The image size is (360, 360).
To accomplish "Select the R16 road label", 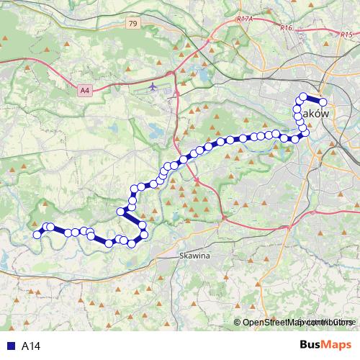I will coord(287,27).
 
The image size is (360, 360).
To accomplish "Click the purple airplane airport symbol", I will coord(153,87).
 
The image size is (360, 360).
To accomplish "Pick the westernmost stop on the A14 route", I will coord(37,234).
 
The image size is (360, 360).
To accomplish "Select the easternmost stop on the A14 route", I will coord(323,102).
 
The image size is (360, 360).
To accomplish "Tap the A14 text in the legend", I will coord(30,346).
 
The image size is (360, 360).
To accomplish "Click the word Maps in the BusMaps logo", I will coord(337,346).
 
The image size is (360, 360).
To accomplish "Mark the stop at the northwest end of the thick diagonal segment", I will coord(121,211).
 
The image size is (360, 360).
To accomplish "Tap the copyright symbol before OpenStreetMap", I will coord(238,322).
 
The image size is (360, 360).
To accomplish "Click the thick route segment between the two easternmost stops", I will coord(313,99).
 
